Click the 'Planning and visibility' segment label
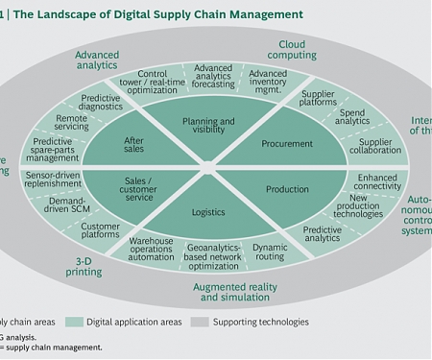208,129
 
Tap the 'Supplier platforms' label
318,100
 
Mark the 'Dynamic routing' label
270,252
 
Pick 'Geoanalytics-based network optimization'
208,256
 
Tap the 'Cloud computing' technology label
298,50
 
